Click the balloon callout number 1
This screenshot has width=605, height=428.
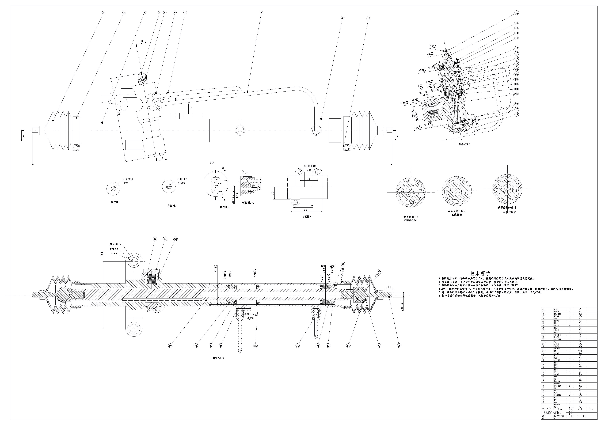[x=104, y=12]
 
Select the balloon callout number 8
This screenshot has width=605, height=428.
[x=261, y=12]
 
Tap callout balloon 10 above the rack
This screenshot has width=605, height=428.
[x=368, y=18]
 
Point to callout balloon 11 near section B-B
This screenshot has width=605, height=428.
[x=516, y=13]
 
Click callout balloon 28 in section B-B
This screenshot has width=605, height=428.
[x=516, y=114]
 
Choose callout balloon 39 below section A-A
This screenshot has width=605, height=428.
[x=170, y=346]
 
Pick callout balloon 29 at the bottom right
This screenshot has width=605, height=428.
[x=399, y=346]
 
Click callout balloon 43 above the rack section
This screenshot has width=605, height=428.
[x=343, y=264]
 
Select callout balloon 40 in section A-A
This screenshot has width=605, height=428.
[x=155, y=239]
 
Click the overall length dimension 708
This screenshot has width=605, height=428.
[x=212, y=163]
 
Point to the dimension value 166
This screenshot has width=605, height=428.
[x=119, y=113]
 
